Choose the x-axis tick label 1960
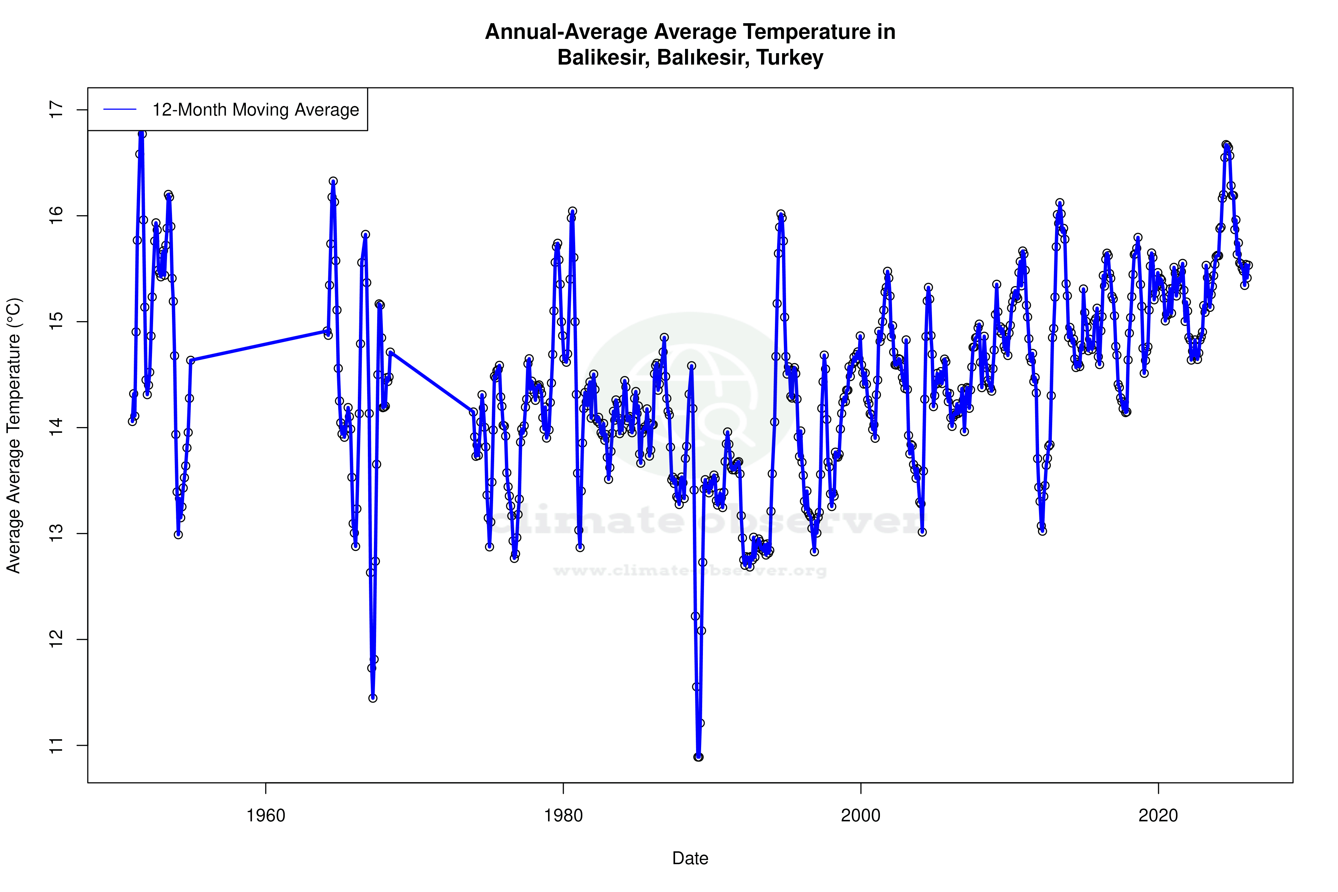(x=266, y=816)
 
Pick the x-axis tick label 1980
(x=563, y=816)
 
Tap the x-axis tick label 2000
(x=861, y=816)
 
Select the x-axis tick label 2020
(x=1158, y=816)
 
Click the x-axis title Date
(x=690, y=858)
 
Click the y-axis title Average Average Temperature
(x=14, y=435)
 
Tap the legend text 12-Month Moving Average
(x=255, y=110)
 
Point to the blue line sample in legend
(x=120, y=110)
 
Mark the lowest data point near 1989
(x=699, y=757)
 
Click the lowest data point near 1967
(x=372, y=698)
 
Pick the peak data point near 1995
(x=781, y=214)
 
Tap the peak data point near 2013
(x=1059, y=203)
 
